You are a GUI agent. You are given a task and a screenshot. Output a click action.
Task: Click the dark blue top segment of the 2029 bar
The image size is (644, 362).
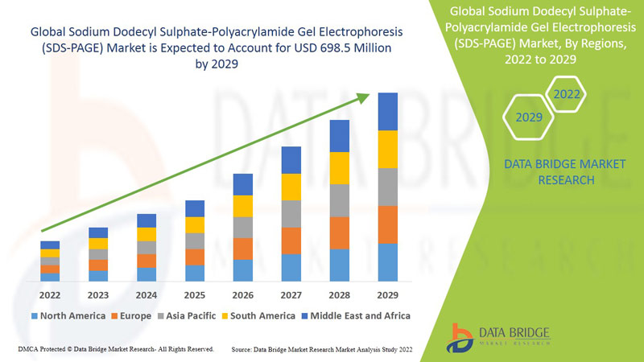[388, 111]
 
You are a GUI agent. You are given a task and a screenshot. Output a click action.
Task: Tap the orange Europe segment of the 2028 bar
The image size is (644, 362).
[340, 232]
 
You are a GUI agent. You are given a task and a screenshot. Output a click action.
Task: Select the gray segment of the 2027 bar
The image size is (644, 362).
[291, 213]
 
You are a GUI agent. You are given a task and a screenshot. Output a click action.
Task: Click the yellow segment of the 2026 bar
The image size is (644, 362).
[243, 206]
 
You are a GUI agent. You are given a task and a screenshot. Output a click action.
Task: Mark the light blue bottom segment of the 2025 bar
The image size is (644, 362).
[195, 273]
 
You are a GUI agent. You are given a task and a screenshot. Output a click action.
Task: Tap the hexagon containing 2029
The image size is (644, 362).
[529, 117]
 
